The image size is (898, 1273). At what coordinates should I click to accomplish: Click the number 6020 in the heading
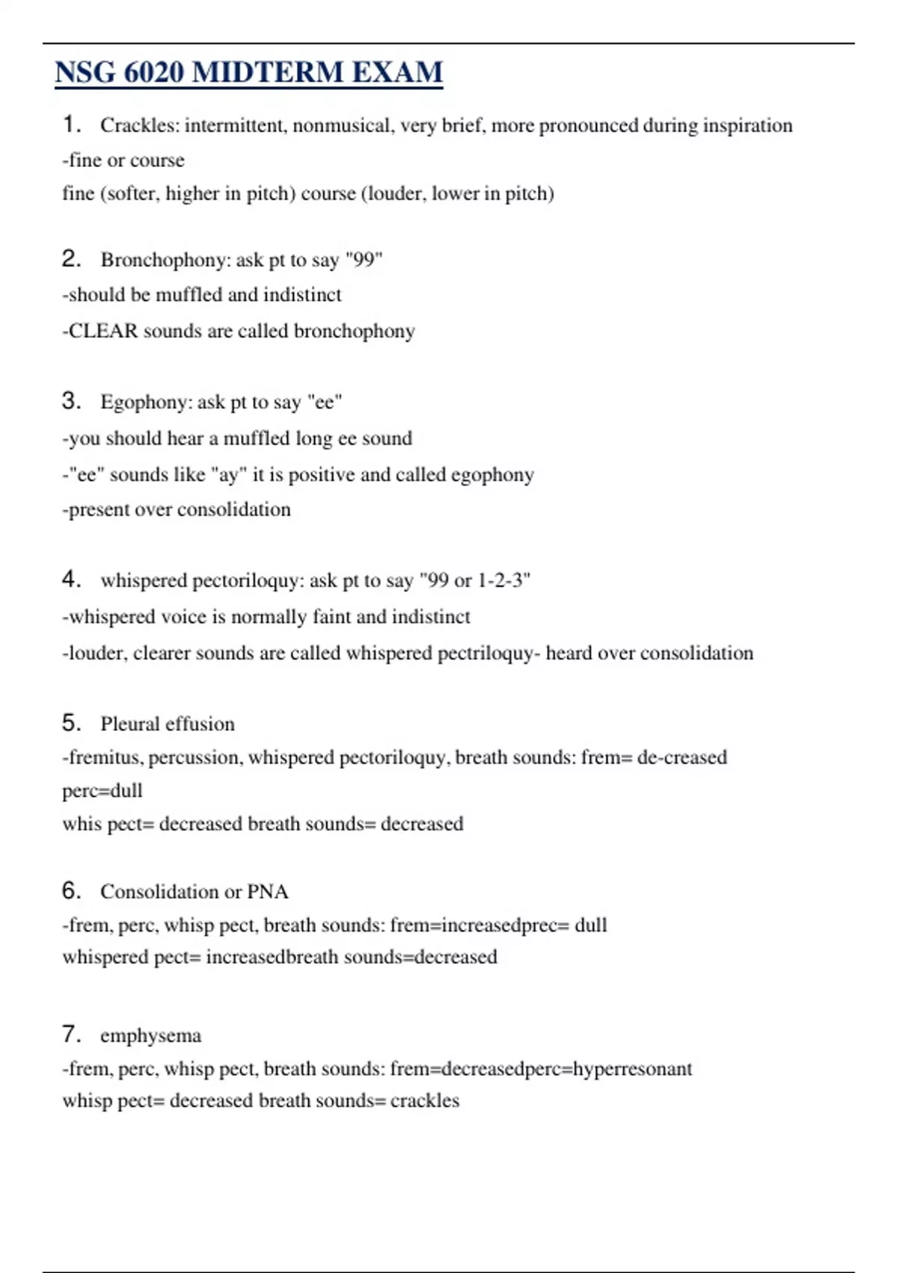(153, 73)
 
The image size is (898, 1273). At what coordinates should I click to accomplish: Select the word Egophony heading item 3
(146, 402)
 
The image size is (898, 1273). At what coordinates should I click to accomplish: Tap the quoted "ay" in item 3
(229, 475)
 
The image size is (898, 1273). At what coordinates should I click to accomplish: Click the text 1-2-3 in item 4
(504, 580)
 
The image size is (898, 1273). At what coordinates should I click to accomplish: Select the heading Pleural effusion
(168, 724)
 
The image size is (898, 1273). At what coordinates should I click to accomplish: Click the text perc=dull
(103, 791)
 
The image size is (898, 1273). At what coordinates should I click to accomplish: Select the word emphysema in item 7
(151, 1036)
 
